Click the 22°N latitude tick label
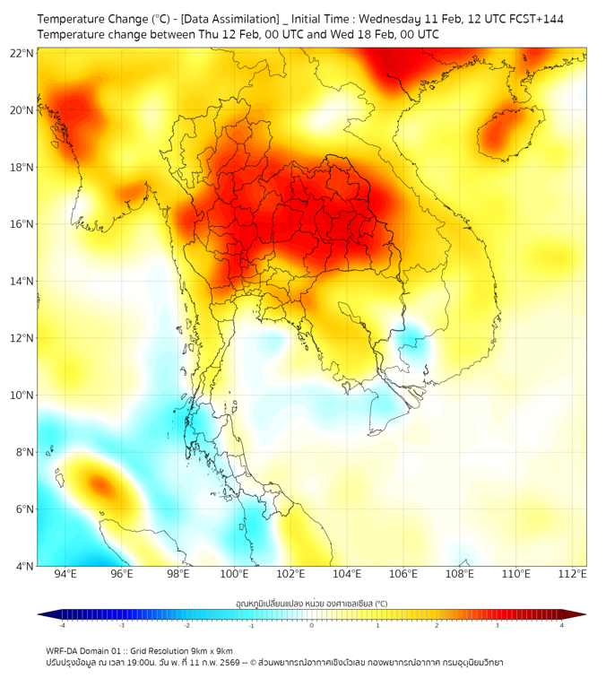coord(22,54)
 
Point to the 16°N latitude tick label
coord(22,224)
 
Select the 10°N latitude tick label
coord(22,395)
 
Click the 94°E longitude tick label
coord(65,574)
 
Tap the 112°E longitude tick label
coord(572,574)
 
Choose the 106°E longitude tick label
coord(403,574)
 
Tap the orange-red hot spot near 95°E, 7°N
coord(100,485)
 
